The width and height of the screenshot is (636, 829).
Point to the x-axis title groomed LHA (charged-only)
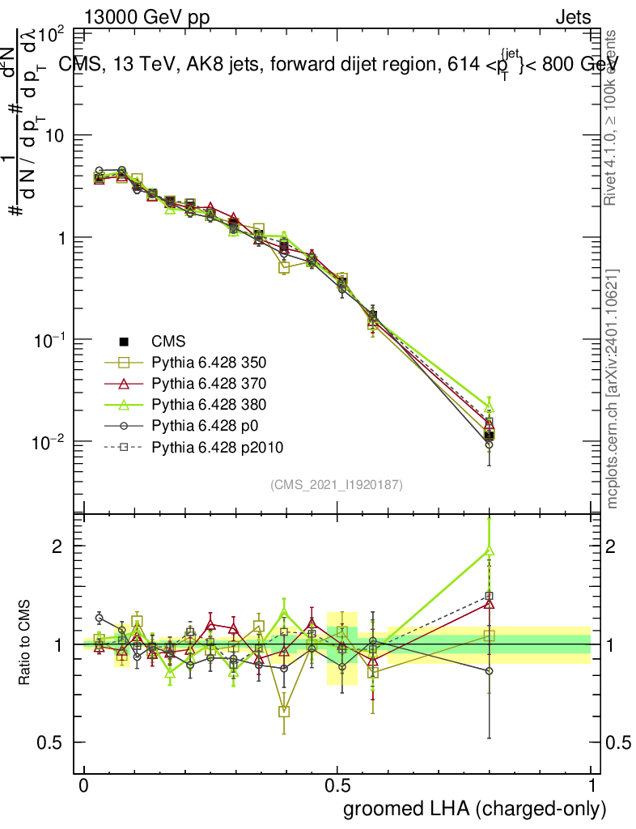point(475,809)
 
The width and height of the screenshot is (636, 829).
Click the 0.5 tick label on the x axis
point(337,786)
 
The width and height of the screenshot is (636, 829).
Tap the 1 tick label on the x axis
point(591,786)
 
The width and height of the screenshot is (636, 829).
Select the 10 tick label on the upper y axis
point(54,135)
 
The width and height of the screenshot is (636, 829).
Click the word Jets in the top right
point(573,17)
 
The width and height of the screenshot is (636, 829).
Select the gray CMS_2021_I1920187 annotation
point(337,484)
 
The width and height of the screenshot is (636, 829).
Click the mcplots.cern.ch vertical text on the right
point(613,389)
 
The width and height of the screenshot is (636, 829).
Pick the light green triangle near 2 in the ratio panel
point(489,551)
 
